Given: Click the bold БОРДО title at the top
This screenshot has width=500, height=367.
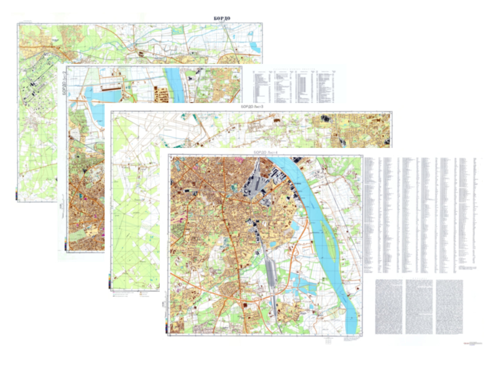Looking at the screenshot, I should [222, 18].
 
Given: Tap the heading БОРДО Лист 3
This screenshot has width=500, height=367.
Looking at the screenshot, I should [252, 107].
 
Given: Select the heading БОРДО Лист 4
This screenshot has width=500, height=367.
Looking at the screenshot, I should [265, 152].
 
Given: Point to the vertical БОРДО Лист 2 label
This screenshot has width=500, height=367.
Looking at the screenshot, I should [64, 83].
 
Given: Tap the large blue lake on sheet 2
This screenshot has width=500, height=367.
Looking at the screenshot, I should [100, 95].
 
